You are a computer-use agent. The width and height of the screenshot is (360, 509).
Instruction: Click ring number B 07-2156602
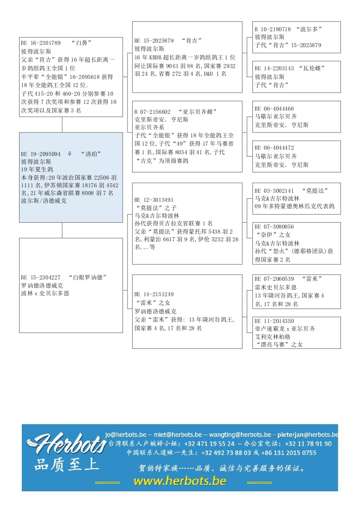point(153,112)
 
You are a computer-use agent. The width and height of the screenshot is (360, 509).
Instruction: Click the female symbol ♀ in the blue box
point(69,154)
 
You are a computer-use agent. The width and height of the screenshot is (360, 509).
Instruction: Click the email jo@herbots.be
point(125,434)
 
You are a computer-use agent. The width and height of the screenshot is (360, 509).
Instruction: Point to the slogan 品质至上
point(66,464)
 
